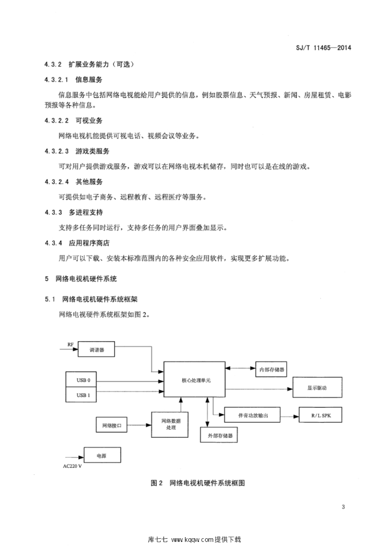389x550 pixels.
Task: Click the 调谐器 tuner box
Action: point(96,349)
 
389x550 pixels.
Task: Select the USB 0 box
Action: point(83,380)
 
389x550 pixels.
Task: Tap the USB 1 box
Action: point(83,395)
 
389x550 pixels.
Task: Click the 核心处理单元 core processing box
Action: point(195,380)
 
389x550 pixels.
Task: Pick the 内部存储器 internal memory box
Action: point(271,370)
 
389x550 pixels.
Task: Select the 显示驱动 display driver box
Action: point(317,388)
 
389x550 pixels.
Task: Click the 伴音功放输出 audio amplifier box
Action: point(252,415)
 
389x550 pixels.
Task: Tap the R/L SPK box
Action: point(320,415)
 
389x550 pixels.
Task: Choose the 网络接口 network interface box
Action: point(112,425)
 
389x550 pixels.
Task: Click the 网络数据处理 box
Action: point(170,424)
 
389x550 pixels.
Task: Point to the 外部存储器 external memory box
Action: point(219,435)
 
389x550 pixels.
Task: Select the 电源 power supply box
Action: point(102,455)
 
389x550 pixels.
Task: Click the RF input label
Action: point(70,345)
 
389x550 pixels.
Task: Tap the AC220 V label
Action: point(72,466)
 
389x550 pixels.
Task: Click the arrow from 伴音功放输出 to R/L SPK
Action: point(290,416)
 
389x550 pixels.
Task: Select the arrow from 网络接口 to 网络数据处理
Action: point(139,425)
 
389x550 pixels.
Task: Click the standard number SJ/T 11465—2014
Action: point(323,47)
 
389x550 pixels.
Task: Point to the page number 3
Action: point(343,506)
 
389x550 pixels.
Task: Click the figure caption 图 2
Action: point(156,483)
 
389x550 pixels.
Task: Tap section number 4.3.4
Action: point(53,243)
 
